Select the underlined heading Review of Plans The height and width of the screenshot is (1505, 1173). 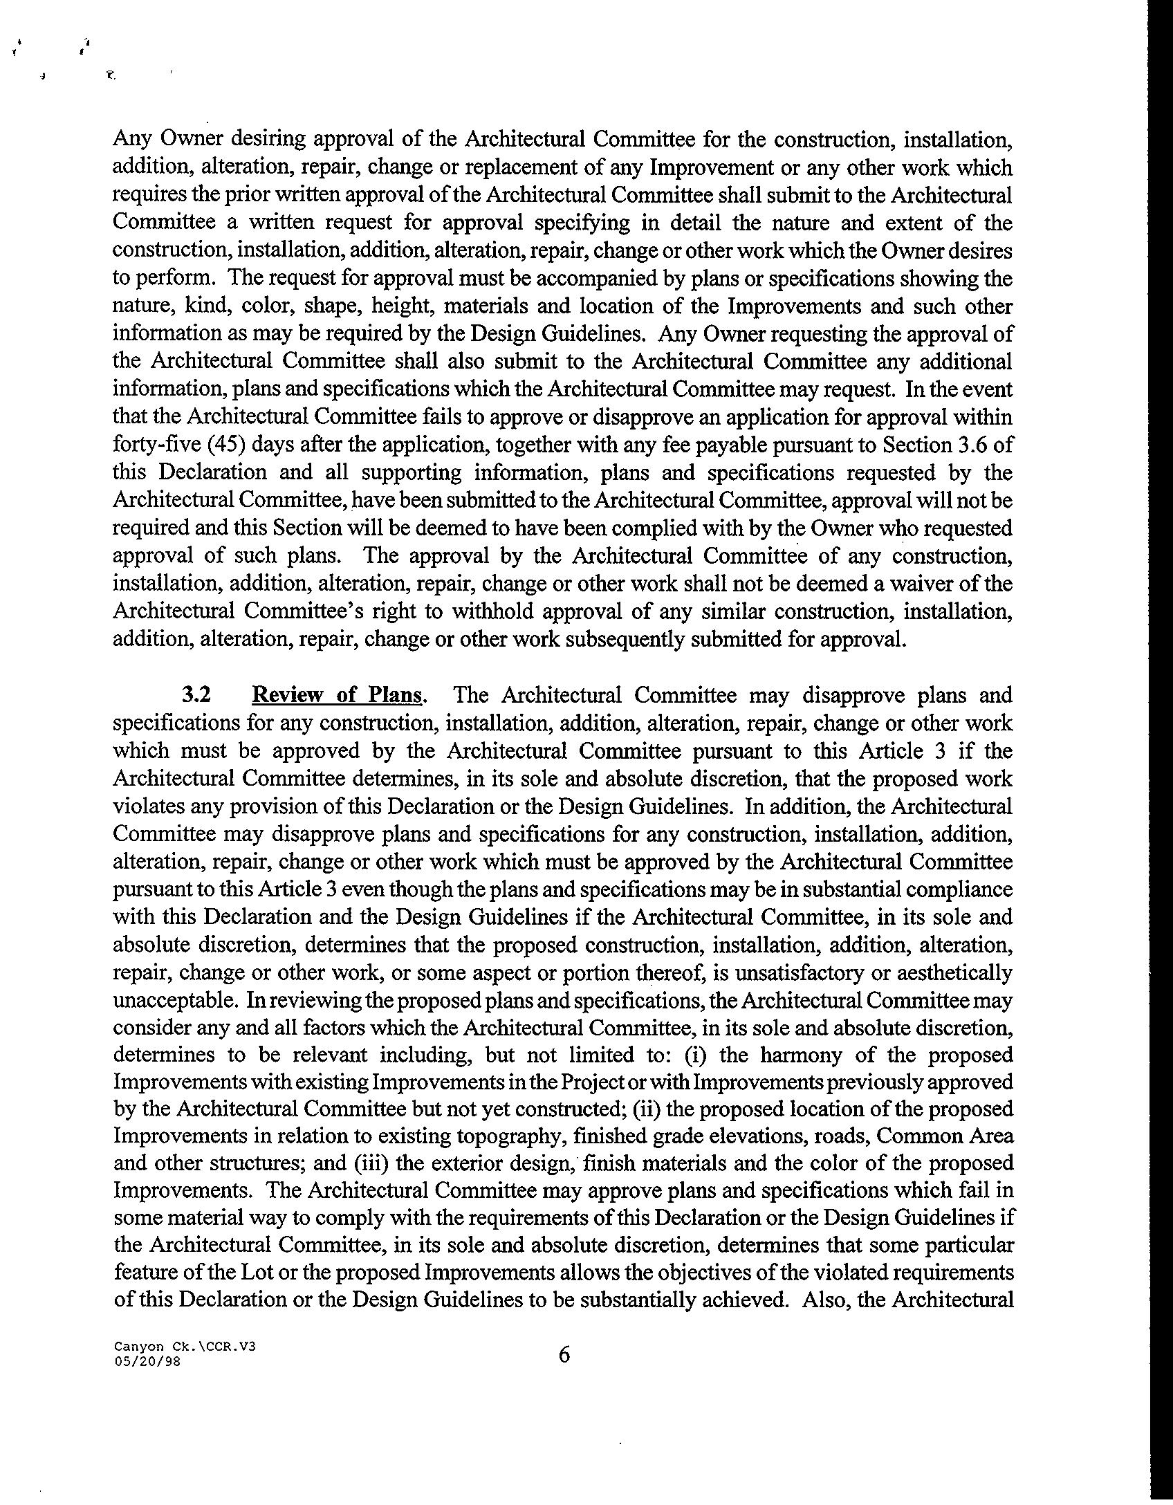pyautogui.click(x=338, y=694)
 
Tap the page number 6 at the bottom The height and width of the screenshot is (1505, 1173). pyautogui.click(x=564, y=1354)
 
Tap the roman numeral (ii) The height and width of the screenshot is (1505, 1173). pyautogui.click(x=645, y=1108)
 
